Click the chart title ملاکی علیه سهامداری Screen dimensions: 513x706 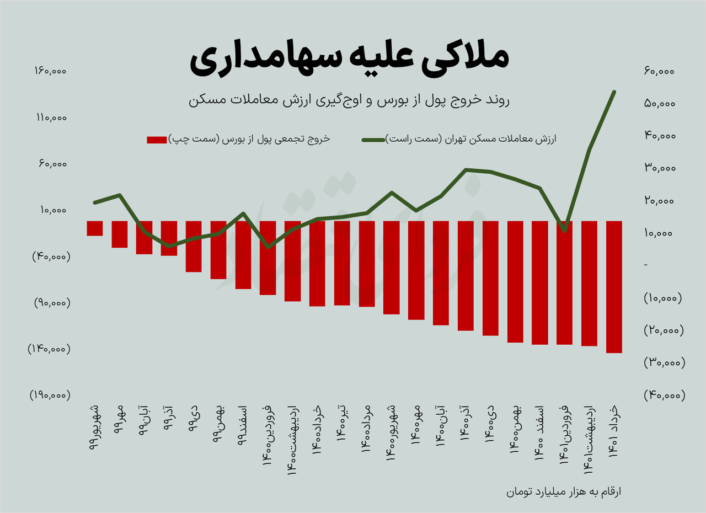click(x=350, y=61)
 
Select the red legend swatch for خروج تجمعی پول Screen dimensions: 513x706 click(x=156, y=140)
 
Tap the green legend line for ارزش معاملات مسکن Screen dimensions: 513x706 click(x=373, y=140)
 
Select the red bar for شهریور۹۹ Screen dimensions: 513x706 click(x=95, y=228)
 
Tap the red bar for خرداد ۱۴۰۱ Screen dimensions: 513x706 click(x=614, y=286)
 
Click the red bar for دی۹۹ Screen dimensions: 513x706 click(x=194, y=246)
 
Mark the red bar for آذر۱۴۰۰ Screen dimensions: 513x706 click(x=466, y=275)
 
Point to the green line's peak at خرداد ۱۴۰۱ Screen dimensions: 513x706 click(x=614, y=92)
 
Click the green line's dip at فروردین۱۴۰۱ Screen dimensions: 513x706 click(x=564, y=230)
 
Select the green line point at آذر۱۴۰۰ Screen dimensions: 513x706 click(x=466, y=170)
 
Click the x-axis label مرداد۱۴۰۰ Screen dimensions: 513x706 click(x=366, y=431)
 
